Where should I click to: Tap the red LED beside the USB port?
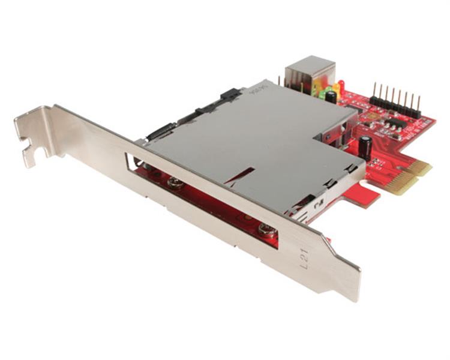coord(341,85)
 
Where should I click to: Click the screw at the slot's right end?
coord(265,228)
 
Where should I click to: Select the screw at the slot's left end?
coord(175,184)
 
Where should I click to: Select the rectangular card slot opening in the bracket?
coord(204,198)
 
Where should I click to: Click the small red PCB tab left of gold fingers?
coord(365,195)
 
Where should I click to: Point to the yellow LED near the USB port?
coord(334,91)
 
